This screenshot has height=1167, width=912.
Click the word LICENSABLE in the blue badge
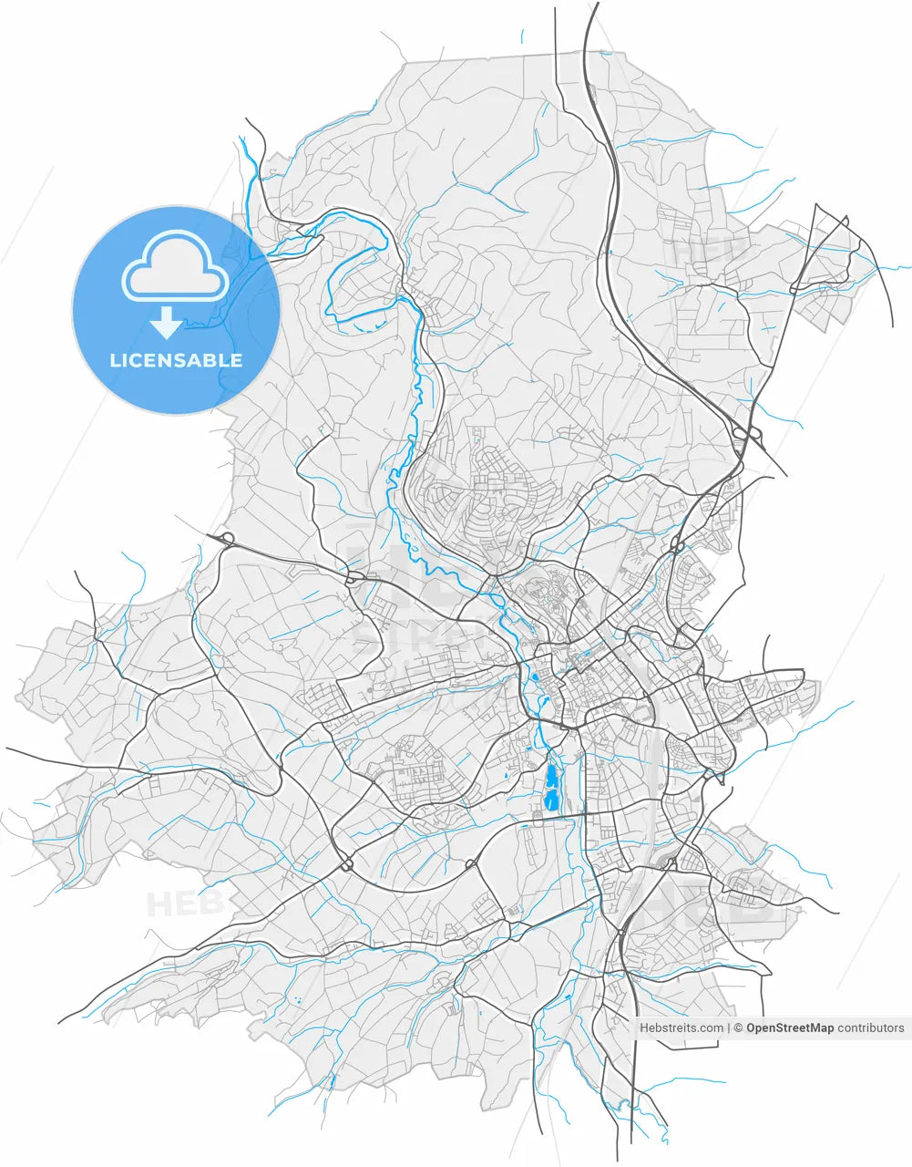(176, 360)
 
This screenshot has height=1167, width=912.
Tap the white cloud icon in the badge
(176, 267)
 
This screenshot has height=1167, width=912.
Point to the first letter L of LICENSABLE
(114, 360)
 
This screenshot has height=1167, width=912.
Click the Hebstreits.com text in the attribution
(681, 1028)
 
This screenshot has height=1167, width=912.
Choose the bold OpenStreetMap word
(790, 1028)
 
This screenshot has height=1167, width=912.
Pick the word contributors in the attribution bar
(871, 1028)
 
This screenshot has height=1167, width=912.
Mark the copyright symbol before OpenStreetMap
(739, 1028)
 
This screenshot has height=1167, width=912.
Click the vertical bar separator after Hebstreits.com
(729, 1028)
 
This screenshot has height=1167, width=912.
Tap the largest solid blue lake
(551, 788)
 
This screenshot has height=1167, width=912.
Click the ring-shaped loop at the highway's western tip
(228, 538)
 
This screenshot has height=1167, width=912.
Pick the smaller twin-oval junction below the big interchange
(677, 545)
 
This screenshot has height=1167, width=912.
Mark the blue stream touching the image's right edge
(902, 268)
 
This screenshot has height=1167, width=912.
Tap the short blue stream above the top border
(522, 36)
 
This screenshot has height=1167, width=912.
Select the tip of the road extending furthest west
(8, 749)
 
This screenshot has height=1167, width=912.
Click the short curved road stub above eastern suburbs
(767, 649)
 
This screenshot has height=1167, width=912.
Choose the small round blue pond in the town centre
(534, 677)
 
